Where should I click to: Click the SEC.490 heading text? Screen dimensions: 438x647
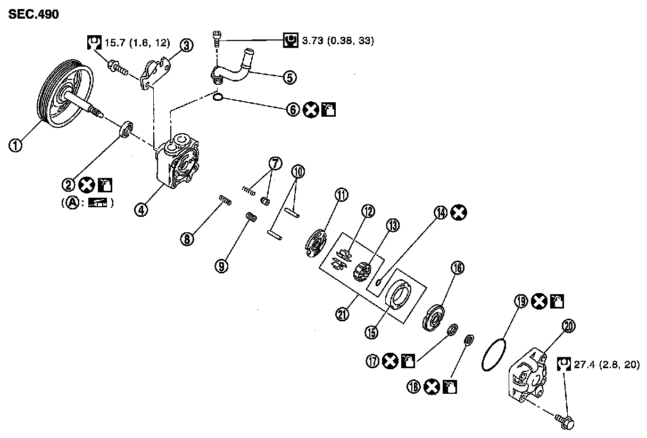click(33, 15)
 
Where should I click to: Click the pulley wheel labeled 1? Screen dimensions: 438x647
click(64, 96)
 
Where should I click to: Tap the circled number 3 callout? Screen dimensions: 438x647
click(186, 46)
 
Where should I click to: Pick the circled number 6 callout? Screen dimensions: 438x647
click(293, 110)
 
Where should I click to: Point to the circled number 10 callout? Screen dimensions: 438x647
click(298, 172)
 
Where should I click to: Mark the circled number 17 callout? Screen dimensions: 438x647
click(372, 362)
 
